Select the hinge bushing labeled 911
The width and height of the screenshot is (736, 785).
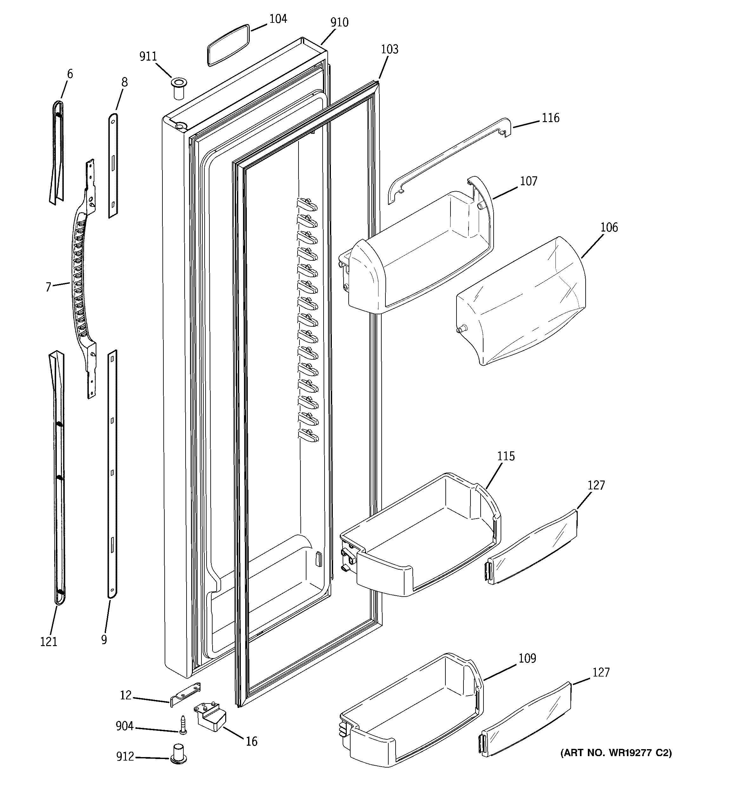(x=179, y=89)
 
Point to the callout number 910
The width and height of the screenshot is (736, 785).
(x=339, y=23)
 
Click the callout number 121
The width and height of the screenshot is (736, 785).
(x=49, y=642)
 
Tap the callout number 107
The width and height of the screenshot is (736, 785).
(x=528, y=181)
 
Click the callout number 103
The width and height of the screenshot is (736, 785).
(x=390, y=49)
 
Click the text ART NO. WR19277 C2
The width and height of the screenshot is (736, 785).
(x=615, y=753)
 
